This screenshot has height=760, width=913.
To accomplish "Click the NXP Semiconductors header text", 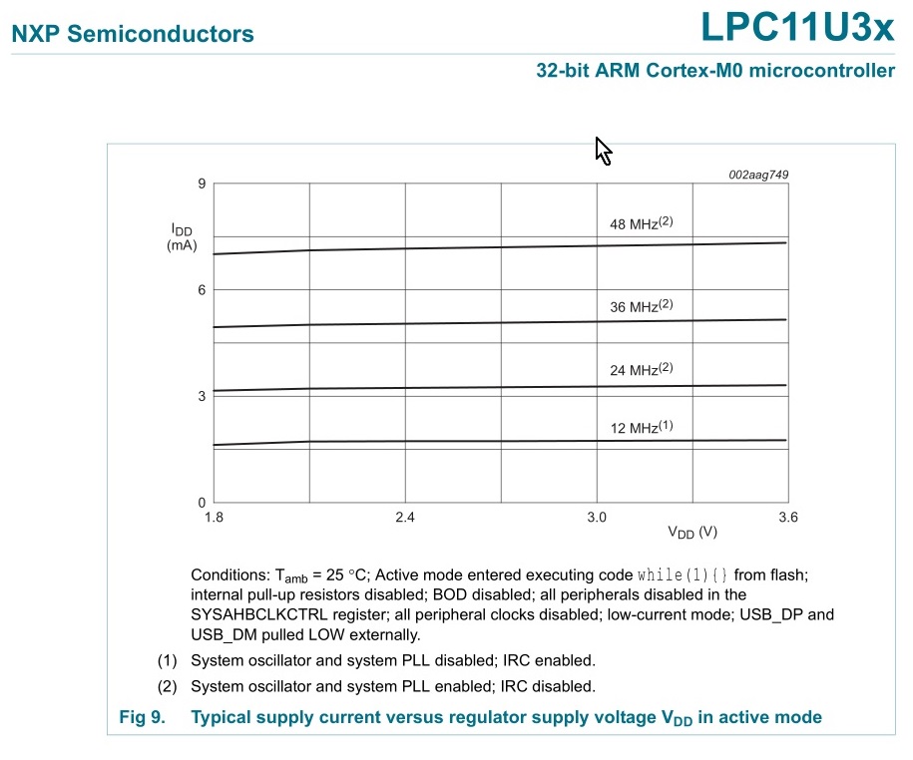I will click(x=132, y=34).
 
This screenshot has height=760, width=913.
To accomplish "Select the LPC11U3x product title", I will click(x=797, y=28).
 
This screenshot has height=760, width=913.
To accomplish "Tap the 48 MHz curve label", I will click(x=641, y=223).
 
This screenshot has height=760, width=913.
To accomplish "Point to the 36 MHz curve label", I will click(x=641, y=307).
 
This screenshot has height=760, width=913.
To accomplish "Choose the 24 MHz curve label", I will click(x=641, y=370).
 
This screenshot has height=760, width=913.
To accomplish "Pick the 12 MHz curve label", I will click(x=641, y=428).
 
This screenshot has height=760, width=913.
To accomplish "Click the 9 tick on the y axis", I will click(x=201, y=184).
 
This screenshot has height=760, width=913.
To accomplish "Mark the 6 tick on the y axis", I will click(x=201, y=290).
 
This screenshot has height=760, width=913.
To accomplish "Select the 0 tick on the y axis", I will click(x=201, y=503).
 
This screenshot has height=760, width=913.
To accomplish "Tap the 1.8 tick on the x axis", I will click(x=214, y=518).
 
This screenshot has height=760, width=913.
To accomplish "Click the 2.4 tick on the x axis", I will click(x=405, y=518).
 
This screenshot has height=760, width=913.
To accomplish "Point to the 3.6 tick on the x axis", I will click(x=787, y=518).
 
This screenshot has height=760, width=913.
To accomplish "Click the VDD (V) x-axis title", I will click(x=692, y=533).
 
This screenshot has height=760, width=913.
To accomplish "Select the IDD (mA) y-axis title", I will click(x=182, y=236).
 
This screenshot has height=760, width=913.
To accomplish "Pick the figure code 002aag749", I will click(x=758, y=175).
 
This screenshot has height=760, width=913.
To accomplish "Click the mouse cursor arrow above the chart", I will click(x=602, y=150).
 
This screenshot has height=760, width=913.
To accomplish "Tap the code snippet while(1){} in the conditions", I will click(x=684, y=575).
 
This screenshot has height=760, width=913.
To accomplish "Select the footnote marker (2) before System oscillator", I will click(x=168, y=686).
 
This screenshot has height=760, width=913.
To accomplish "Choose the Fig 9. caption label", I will click(x=141, y=717).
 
